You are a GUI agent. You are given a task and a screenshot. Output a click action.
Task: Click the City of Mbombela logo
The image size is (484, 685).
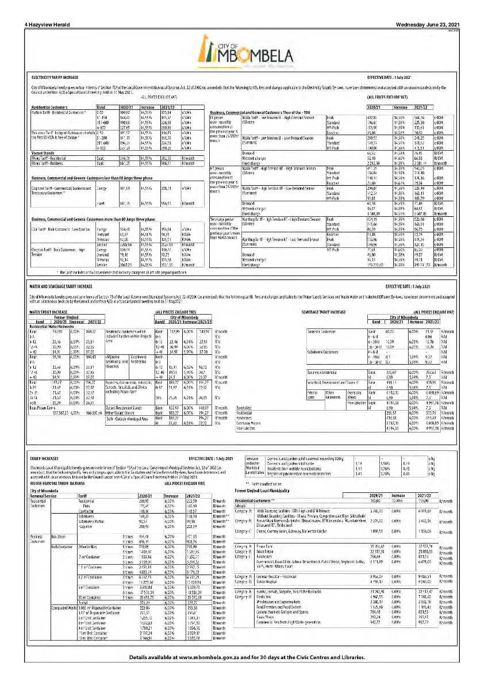coord(243,50)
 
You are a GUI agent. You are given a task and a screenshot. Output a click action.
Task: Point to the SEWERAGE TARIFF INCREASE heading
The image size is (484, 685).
coord(324,311)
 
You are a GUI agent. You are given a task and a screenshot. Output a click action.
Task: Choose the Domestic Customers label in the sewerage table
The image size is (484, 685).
coord(322,332)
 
